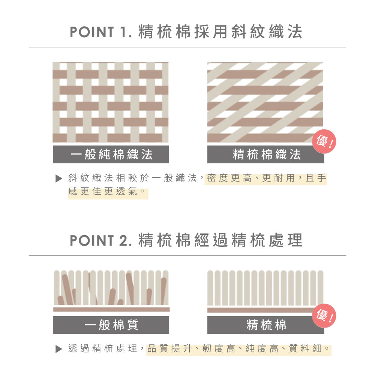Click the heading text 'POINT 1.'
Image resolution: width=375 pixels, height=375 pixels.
coord(100,32)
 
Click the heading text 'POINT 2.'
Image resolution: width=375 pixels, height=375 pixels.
coord(100,241)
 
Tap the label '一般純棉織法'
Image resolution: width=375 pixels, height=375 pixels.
coord(111,154)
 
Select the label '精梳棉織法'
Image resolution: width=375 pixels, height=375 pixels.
coord(267,154)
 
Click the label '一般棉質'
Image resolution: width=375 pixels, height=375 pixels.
coord(111,325)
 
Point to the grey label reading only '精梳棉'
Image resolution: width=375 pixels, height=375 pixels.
coord(266,325)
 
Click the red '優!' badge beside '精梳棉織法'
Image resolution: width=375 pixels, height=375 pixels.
coord(324,141)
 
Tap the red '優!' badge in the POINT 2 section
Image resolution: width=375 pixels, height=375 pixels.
coord(324,315)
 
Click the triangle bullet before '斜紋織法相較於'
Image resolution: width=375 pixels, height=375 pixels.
coord(58,178)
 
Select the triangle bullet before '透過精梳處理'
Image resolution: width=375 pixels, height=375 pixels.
coord(58,349)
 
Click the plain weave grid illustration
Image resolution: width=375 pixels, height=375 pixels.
coord(111,102)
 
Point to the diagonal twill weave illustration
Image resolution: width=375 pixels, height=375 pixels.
coord(265,102)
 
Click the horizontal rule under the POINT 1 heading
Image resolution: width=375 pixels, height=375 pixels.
coord(187,47)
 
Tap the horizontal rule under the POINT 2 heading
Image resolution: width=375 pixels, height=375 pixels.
coord(187,256)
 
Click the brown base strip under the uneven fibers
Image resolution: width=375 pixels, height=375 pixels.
coord(111,309)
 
